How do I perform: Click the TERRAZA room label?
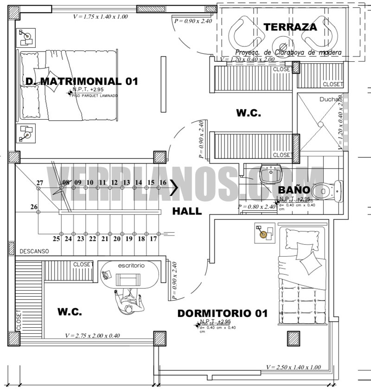tap(290, 27)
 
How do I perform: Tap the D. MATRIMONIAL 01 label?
tap(82, 81)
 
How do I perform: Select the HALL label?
tap(187, 211)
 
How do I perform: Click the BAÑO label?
tap(294, 189)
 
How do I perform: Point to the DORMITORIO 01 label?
tap(222, 313)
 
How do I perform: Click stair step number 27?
tap(40, 182)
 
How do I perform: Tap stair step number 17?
tap(154, 239)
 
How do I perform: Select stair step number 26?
tap(34, 207)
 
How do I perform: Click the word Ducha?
tap(329, 99)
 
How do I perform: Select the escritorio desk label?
tap(131, 266)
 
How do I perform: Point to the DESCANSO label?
tap(34, 251)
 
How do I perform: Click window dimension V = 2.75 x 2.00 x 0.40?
tap(93, 336)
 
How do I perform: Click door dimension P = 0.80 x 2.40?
tap(261, 207)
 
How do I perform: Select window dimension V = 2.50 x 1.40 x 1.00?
tap(293, 367)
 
